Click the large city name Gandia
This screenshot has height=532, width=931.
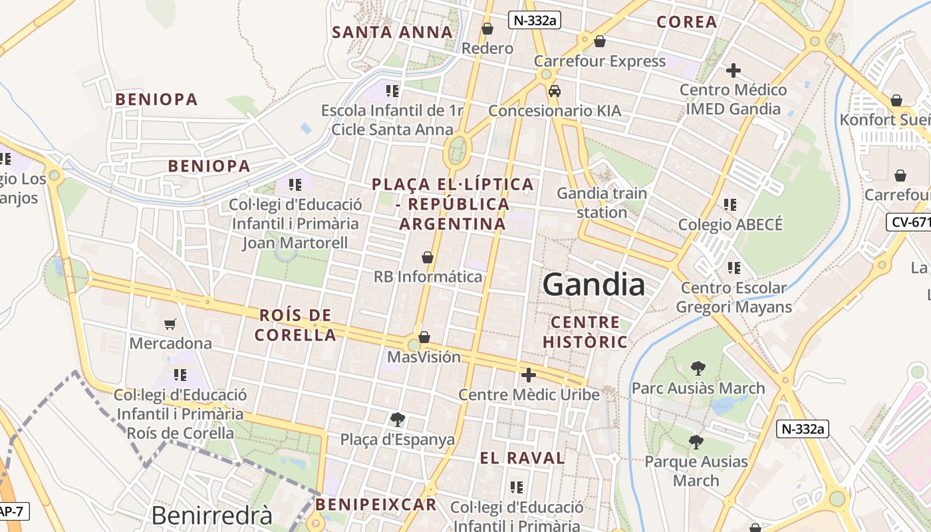click(593, 285)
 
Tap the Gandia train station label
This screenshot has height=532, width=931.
click(601, 203)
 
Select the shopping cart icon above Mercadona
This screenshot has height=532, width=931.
click(170, 325)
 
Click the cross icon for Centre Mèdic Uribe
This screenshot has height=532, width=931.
click(529, 375)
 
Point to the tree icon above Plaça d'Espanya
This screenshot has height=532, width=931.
click(397, 420)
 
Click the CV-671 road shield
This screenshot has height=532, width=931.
click(909, 222)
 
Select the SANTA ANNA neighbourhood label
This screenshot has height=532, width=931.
click(392, 32)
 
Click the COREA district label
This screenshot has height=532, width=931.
click(686, 22)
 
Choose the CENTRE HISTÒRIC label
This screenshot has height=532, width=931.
click(585, 332)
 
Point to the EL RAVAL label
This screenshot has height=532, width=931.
click(522, 458)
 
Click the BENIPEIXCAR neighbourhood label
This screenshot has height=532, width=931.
click(376, 504)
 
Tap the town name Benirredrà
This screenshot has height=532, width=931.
click(211, 516)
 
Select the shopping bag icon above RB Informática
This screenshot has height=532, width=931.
click(428, 257)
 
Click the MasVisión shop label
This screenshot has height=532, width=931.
click(424, 357)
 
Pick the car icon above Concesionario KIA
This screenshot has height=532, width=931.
click(554, 91)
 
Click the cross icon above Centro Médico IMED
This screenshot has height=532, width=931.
click(733, 70)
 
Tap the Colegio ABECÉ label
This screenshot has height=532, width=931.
click(730, 225)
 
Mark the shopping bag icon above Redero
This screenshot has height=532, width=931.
click(487, 29)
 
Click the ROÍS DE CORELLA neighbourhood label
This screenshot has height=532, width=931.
click(295, 325)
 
